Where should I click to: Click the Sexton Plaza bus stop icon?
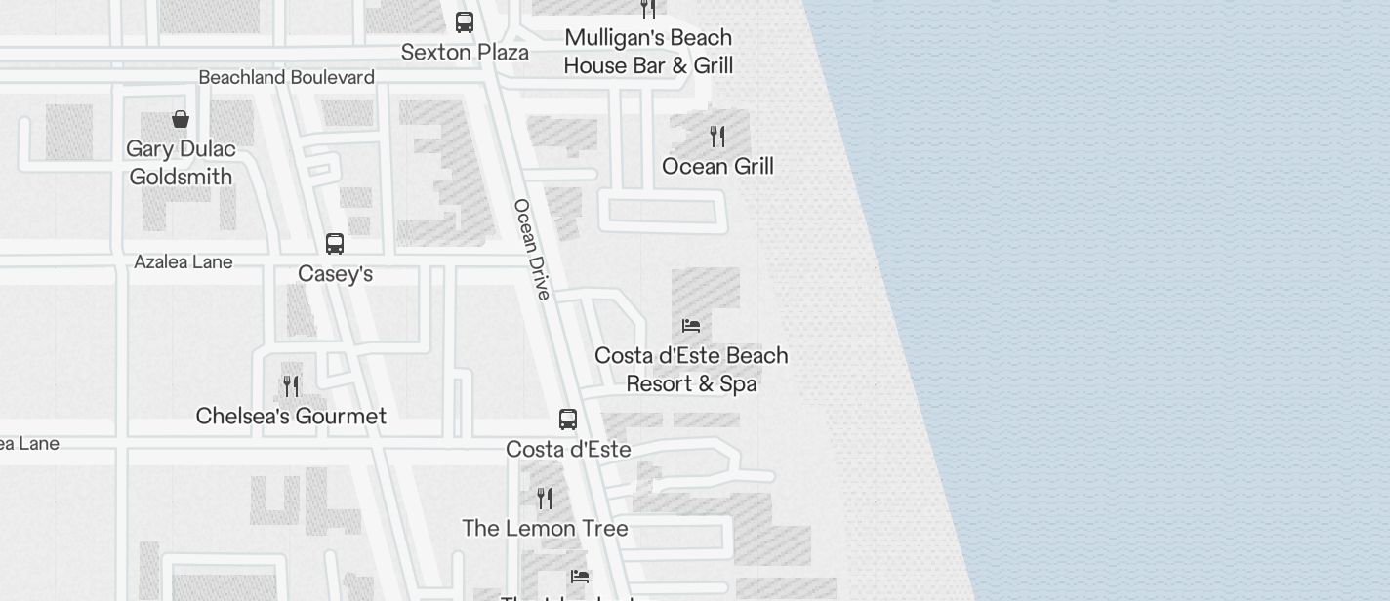point(465,21)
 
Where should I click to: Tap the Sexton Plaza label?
point(465,52)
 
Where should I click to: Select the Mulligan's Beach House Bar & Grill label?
point(648,52)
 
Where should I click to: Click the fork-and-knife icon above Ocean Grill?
point(717,136)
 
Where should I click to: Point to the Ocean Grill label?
point(717,166)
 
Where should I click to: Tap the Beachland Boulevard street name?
point(286,77)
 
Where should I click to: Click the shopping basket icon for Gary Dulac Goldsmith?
point(181,119)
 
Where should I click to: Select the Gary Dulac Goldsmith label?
point(181,163)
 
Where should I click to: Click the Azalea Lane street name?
point(184,261)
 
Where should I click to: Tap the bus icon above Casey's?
point(335,243)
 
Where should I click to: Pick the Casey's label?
point(335,274)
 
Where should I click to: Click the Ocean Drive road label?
point(532,249)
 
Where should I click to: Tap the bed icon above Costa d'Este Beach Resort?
point(691,325)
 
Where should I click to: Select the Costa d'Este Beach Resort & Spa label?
point(691,370)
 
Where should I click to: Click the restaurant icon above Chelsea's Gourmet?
point(291,385)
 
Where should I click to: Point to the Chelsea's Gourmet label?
point(291,417)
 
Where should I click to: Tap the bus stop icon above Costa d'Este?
point(568,420)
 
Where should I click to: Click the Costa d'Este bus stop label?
point(568,450)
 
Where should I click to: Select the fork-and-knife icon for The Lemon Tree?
point(545,499)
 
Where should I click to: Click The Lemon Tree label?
point(545,529)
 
